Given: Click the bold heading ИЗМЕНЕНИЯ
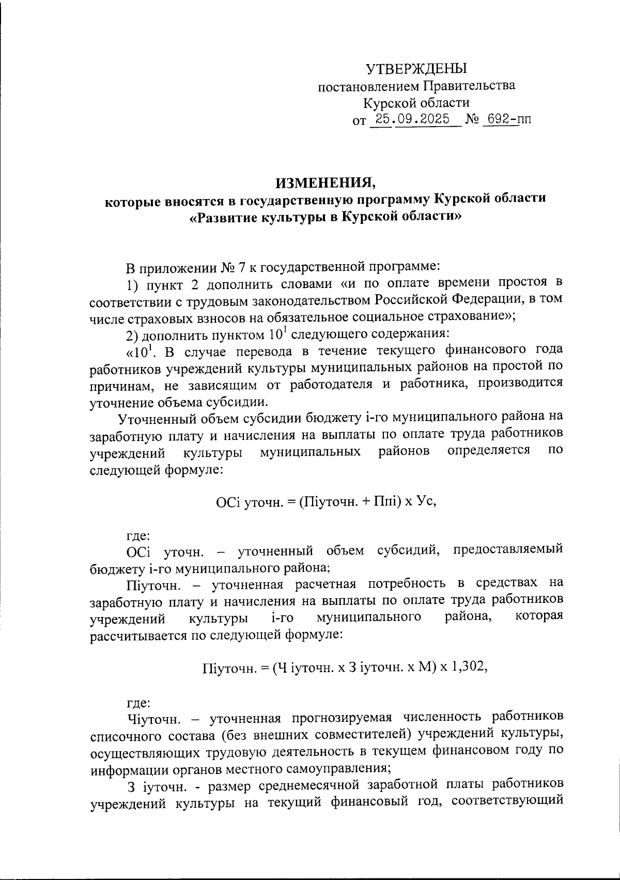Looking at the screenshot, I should tap(326, 183).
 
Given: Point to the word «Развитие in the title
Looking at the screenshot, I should tap(225, 217).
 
